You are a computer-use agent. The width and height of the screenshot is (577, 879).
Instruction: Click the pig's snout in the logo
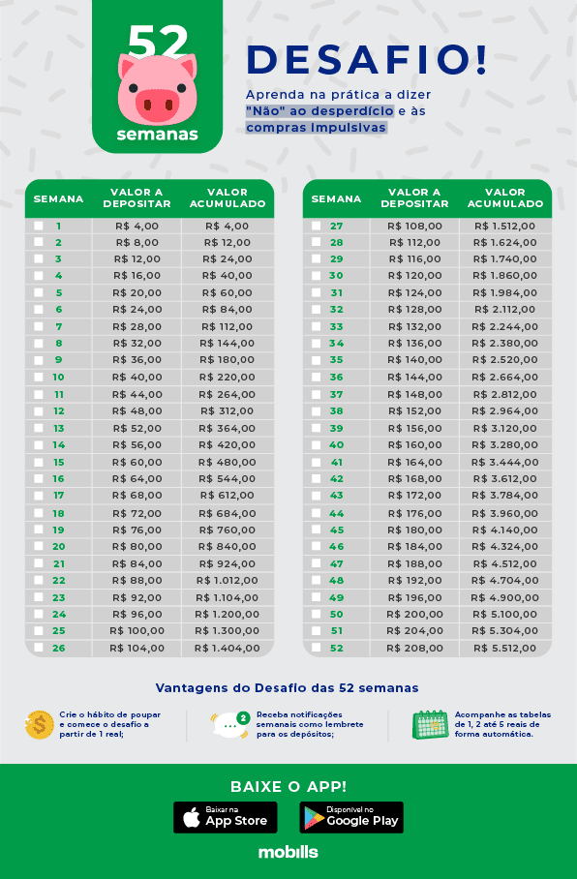pos(158,102)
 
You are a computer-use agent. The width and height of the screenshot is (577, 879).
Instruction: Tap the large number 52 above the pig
pos(158,41)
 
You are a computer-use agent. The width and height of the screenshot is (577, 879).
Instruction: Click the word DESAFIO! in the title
pos(367,59)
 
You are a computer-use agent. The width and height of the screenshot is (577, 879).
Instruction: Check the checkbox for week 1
pos(39,226)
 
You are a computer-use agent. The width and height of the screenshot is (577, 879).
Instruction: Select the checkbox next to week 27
pos(317,226)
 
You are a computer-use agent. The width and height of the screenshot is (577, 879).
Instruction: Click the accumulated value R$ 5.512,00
pos(505,648)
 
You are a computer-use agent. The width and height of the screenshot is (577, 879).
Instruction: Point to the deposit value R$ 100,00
pos(137,630)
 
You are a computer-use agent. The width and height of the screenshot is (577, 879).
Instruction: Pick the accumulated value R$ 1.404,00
pos(228,648)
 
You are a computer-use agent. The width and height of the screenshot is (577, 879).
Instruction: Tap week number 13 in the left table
pos(59,428)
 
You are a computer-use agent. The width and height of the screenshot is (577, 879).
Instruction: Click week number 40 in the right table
pos(337,445)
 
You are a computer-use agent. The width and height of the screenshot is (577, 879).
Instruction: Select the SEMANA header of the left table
pos(58,198)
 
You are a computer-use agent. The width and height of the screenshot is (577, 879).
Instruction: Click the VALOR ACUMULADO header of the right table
pos(505,198)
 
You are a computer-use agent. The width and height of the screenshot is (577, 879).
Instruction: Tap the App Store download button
pos(225,817)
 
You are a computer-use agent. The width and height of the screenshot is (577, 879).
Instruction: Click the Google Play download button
pos(351,817)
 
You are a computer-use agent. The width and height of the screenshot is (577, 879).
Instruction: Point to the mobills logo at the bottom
pos(288,853)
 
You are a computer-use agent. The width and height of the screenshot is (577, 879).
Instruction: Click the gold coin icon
pos(39,724)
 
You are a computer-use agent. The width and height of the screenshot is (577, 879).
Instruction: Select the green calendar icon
pos(430,724)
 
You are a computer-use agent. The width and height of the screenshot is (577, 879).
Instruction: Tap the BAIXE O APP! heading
pos(288,786)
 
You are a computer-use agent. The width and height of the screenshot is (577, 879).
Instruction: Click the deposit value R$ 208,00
pos(414,648)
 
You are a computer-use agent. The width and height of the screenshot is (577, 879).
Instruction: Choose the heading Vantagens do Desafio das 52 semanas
pos(288,688)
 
